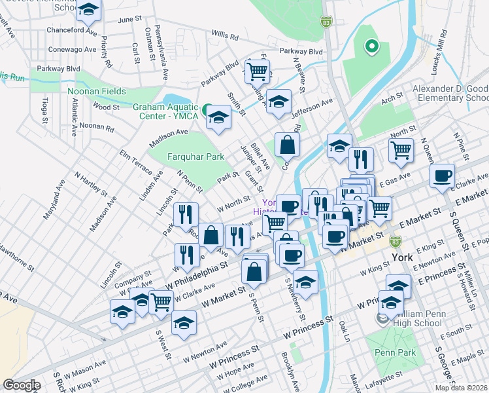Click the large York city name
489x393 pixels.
401,257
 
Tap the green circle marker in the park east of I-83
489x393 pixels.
371,46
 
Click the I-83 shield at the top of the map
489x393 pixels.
326,22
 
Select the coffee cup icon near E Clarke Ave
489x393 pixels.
443,176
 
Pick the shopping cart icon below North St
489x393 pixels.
400,149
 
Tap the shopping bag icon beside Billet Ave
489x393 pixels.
287,144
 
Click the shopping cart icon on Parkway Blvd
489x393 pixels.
257,71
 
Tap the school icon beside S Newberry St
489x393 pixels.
305,282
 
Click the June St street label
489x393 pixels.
130,20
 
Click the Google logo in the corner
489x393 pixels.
22,384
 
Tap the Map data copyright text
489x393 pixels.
460,388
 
